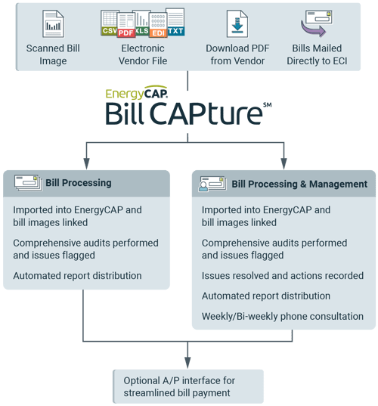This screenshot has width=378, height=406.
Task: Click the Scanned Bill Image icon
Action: coord(54,24)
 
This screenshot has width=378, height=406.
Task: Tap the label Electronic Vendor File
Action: coord(143,54)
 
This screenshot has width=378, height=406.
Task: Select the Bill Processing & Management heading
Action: coord(299,184)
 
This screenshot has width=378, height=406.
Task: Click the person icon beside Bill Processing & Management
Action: coord(210,184)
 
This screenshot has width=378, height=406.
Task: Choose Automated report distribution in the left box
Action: coord(77,276)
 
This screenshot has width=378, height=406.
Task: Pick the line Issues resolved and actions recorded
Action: coord(276,276)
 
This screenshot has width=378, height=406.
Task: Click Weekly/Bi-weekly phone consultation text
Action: coord(283,316)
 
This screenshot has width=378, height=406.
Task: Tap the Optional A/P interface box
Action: coord(188,386)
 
